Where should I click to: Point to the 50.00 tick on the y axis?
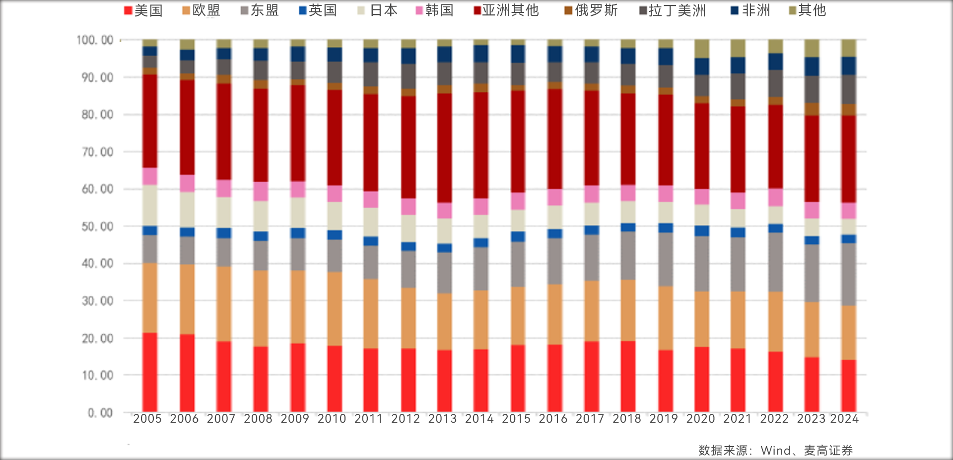point(98,227)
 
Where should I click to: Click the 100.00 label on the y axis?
point(95,40)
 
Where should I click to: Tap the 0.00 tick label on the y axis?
point(100,413)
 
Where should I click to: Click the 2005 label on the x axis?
point(147,419)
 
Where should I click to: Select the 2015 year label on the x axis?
point(516,419)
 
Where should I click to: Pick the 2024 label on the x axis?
point(845,419)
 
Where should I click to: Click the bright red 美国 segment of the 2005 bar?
point(150,373)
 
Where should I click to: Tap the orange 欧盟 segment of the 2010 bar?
point(335,308)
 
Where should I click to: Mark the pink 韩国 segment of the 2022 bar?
point(775,197)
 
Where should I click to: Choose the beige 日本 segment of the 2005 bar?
point(150,205)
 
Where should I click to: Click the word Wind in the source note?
point(775,451)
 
